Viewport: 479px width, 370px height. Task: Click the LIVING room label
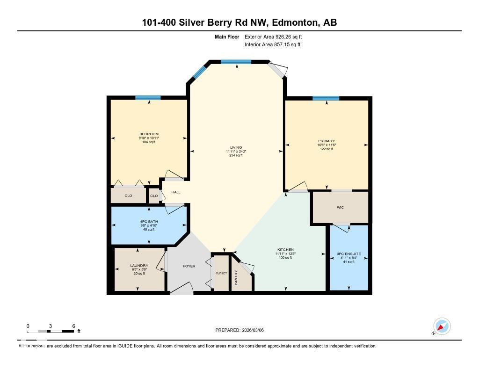(x=236, y=147)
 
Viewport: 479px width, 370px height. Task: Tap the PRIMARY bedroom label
(x=326, y=141)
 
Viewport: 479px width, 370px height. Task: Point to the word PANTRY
(x=236, y=277)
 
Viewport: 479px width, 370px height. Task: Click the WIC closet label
(x=340, y=207)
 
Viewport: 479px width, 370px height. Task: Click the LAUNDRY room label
(x=139, y=266)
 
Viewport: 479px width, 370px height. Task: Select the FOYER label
(x=189, y=266)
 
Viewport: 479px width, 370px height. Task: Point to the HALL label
(x=175, y=192)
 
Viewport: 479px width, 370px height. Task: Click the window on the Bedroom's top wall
(x=148, y=98)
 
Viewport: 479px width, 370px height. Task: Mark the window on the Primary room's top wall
(x=326, y=98)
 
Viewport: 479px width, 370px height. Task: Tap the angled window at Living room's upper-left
(x=199, y=72)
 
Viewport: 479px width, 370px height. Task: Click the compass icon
(x=442, y=326)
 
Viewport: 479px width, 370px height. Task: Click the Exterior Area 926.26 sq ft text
(x=276, y=36)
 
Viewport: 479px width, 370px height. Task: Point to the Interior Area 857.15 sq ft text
(x=272, y=45)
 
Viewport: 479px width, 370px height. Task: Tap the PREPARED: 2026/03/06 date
(x=239, y=330)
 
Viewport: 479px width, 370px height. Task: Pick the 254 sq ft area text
(x=236, y=155)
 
